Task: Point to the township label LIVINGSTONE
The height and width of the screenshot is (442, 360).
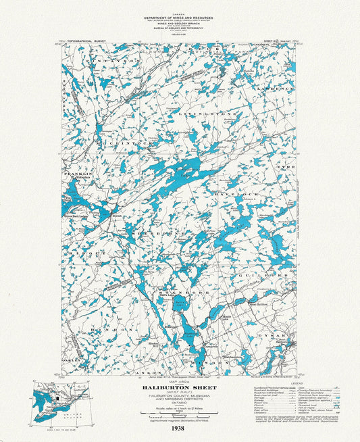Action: pyautogui.click(x=217, y=115)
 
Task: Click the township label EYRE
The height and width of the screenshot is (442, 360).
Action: pyautogui.click(x=284, y=166)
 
